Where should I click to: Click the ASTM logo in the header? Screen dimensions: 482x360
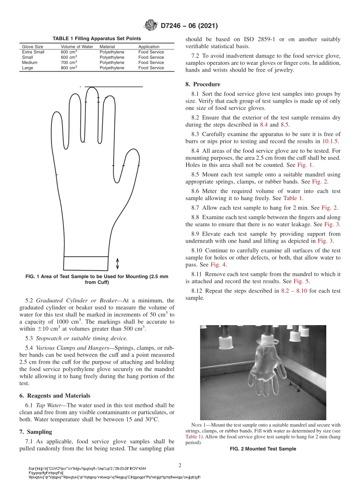click(151, 26)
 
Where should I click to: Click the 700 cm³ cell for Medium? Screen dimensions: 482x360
click(69, 63)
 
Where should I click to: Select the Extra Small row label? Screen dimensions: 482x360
click(33, 52)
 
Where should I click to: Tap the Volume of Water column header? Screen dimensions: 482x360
click(77, 47)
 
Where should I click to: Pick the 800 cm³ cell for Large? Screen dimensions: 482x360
click(69, 68)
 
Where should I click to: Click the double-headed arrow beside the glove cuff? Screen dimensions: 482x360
click(117, 263)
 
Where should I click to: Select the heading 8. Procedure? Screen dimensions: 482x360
click(203, 84)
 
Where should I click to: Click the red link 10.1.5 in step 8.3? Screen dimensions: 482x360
click(330, 141)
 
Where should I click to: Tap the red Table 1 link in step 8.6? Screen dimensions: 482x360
click(293, 198)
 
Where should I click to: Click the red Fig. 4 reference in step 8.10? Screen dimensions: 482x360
click(218, 264)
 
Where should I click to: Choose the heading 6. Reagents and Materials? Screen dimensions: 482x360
click(55, 395)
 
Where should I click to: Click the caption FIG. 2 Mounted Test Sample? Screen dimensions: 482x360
click(263, 449)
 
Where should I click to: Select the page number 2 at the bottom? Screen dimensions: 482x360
click(180, 465)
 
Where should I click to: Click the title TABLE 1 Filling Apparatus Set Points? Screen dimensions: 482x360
click(97, 38)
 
